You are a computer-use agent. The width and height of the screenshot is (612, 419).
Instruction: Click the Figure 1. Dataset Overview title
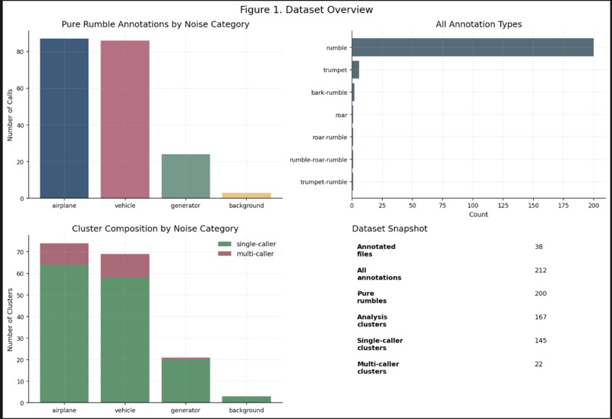pyautogui.click(x=306, y=10)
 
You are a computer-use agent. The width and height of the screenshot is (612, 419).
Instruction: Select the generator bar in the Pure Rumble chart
pyautogui.click(x=185, y=176)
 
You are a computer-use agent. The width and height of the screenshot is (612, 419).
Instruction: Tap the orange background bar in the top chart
pyautogui.click(x=246, y=195)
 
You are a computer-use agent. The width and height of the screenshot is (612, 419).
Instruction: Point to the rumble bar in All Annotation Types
pyautogui.click(x=472, y=47)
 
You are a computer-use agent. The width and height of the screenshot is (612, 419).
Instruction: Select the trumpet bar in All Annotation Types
pyautogui.click(x=355, y=70)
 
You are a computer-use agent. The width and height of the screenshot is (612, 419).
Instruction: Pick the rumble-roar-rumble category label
pyautogui.click(x=319, y=159)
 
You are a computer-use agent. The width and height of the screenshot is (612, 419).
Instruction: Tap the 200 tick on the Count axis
pyautogui.click(x=594, y=205)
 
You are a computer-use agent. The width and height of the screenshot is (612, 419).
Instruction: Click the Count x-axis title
pyautogui.click(x=478, y=215)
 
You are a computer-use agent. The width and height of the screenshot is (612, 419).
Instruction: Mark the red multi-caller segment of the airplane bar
pyautogui.click(x=64, y=254)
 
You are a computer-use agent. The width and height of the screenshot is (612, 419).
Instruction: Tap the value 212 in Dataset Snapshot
pyautogui.click(x=541, y=270)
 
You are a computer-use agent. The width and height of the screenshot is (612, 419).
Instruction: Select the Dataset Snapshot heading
pyautogui.click(x=390, y=228)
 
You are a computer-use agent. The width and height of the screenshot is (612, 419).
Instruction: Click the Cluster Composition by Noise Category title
pyautogui.click(x=155, y=228)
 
